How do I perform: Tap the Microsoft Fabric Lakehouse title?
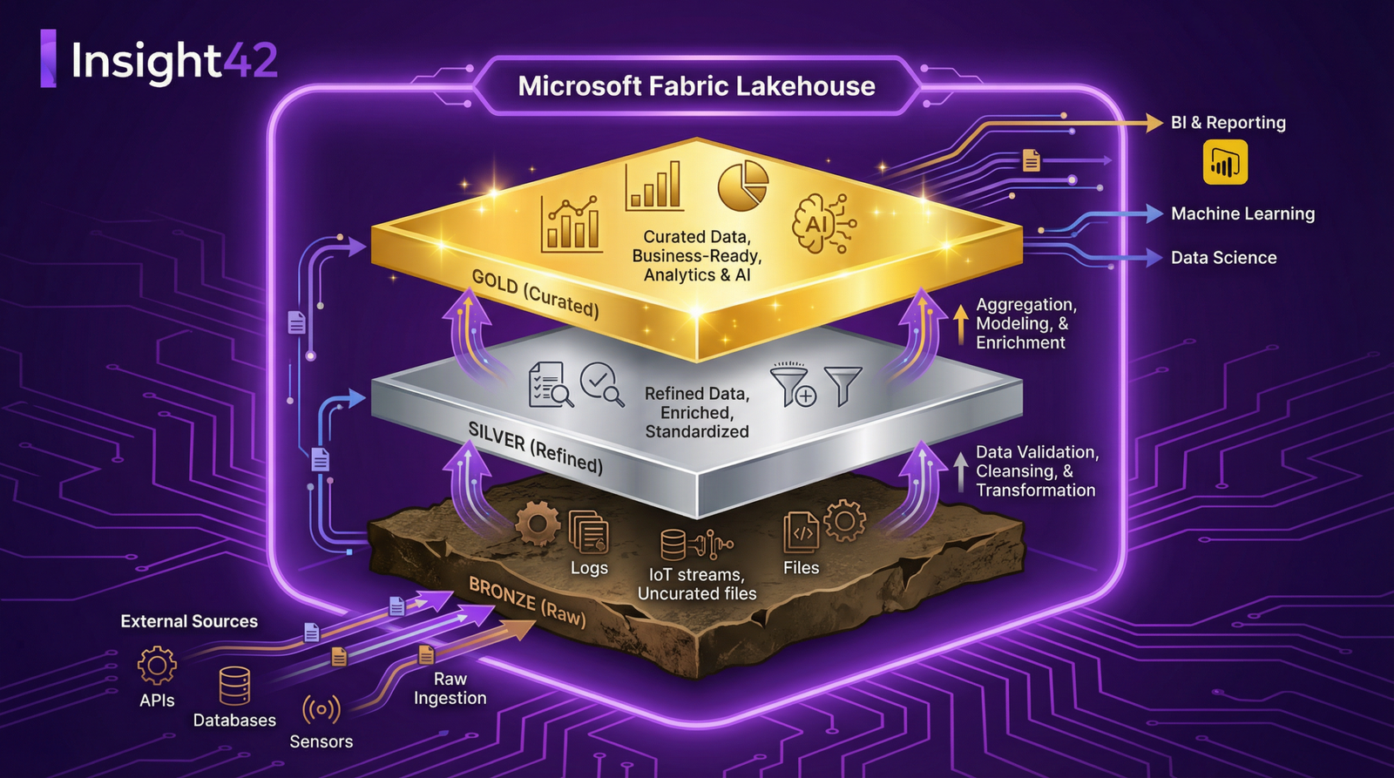[x=696, y=86]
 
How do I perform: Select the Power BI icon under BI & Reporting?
[x=1224, y=163]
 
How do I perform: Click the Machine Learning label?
[x=1242, y=213]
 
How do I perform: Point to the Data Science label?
[x=1223, y=258]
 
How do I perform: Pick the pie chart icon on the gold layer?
[x=742, y=185]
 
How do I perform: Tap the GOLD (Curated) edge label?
[x=535, y=294]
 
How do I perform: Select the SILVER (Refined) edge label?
[x=535, y=447]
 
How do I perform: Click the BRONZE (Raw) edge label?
[x=527, y=601]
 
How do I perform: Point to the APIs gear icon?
[x=157, y=666]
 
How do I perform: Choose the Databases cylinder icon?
[x=234, y=686]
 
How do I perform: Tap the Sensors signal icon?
[x=321, y=710]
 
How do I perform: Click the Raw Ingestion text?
[x=450, y=688]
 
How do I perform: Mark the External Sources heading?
[x=189, y=621]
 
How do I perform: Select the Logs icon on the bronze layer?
[x=589, y=532]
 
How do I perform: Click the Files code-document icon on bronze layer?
[x=801, y=532]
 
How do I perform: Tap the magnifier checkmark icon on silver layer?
[x=601, y=384]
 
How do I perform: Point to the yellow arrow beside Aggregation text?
[x=959, y=324]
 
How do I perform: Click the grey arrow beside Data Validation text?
[x=959, y=471]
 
